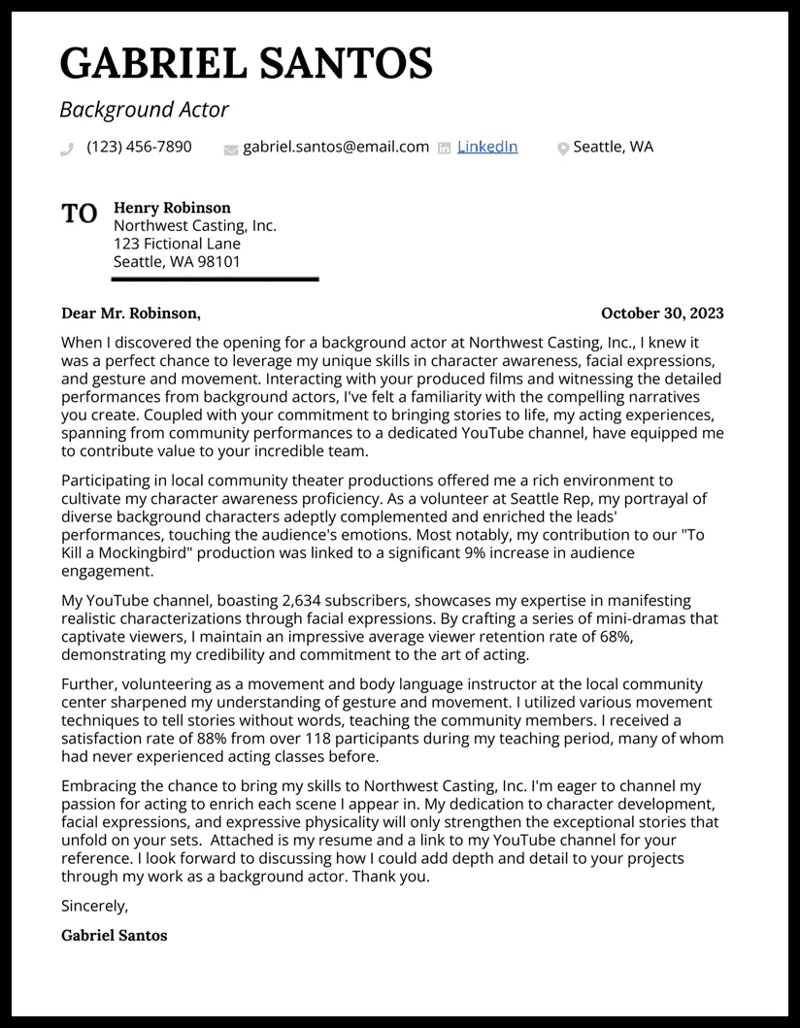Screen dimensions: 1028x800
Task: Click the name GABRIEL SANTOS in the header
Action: (x=247, y=63)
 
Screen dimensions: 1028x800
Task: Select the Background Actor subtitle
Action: (x=144, y=110)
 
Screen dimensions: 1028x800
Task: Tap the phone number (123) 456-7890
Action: (x=139, y=147)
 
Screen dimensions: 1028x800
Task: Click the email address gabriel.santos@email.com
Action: (x=336, y=147)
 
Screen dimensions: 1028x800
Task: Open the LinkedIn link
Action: (x=487, y=147)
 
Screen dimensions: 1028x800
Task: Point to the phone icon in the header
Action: (x=67, y=149)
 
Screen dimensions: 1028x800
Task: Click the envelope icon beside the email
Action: (x=230, y=149)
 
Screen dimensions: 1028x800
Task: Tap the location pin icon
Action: (x=562, y=149)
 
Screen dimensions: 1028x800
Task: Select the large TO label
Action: (x=80, y=214)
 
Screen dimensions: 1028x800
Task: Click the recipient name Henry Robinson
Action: (x=172, y=208)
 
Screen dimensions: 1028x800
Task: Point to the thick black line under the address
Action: (x=215, y=280)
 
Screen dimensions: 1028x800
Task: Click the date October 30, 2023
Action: (x=662, y=313)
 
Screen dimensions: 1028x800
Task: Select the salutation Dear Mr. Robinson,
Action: (x=131, y=313)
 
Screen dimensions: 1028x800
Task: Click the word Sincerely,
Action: (x=94, y=906)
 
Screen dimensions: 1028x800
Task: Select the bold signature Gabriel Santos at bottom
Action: (x=114, y=936)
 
